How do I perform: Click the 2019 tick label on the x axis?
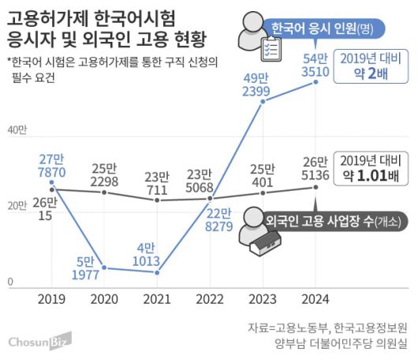pos(52,300)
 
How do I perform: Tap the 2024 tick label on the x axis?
pos(315,300)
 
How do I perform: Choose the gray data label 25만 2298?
pos(106,175)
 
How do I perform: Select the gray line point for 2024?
pos(316,187)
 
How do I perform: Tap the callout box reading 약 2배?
pos(367,69)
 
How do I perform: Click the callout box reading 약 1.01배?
pos(366,167)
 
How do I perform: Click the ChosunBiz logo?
pos(39,341)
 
